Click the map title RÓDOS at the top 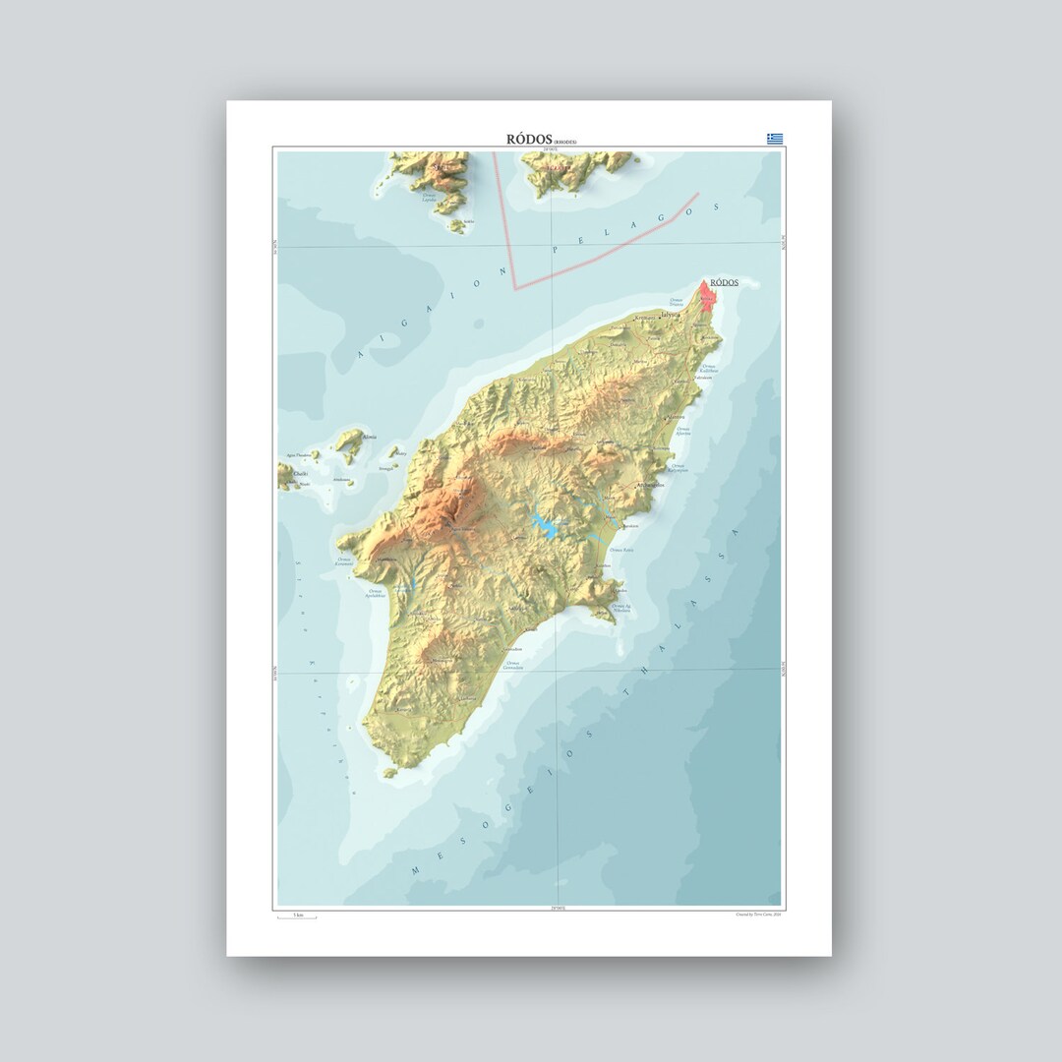(x=529, y=140)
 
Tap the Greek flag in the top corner (x=775, y=139)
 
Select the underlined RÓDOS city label (x=723, y=282)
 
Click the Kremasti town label (x=645, y=319)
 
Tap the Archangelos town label (x=651, y=485)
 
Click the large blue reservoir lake (x=544, y=528)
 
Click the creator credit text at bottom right (x=757, y=914)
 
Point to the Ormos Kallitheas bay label (x=708, y=370)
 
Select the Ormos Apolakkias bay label (x=375, y=594)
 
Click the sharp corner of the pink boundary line (x=514, y=288)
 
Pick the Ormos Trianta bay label (x=676, y=302)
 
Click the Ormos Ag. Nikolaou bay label (x=621, y=610)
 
